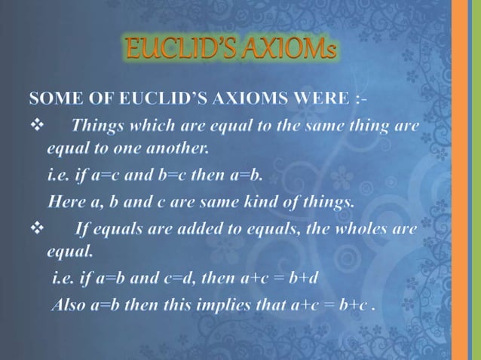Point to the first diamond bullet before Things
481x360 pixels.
pyautogui.click(x=35, y=124)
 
